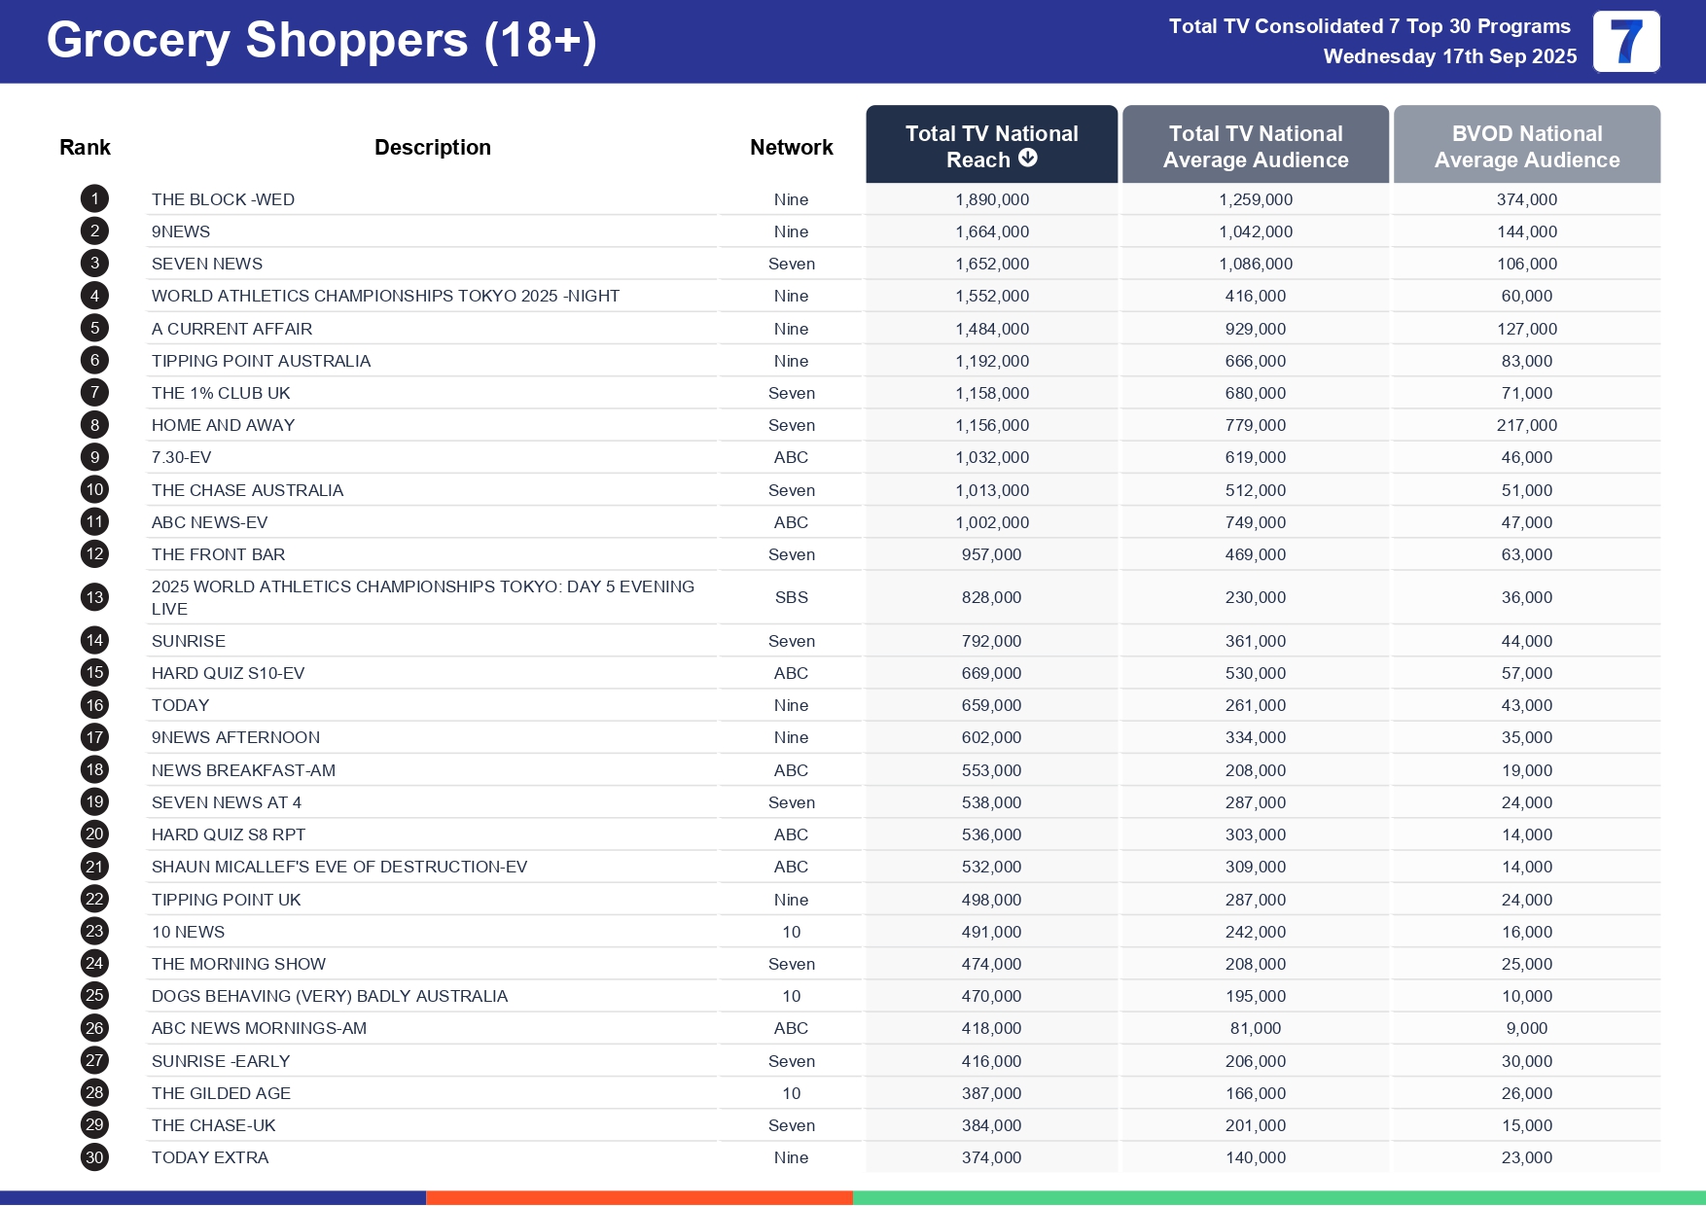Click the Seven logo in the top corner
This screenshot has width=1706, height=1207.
coord(1626,42)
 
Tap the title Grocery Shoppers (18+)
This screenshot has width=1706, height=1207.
coord(321,41)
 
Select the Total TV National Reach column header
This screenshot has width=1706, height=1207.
coord(991,145)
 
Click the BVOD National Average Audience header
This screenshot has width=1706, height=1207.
coord(1526,146)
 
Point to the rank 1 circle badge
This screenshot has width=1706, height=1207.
coord(94,199)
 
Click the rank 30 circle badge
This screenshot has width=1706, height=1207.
coord(94,1157)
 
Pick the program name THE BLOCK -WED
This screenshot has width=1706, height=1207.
coord(223,199)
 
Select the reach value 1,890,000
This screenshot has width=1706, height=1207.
coord(991,199)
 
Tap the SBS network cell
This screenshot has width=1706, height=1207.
coord(791,597)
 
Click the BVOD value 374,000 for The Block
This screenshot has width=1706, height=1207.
coord(1526,199)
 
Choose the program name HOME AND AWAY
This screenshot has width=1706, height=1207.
coord(223,425)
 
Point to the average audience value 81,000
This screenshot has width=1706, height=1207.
coord(1255,1028)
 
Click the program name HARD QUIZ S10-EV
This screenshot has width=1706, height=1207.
coord(228,673)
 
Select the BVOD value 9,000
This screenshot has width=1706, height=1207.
coord(1526,1028)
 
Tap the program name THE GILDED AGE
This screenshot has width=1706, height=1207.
coord(221,1093)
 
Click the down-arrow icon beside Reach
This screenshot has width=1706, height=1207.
coord(1028,158)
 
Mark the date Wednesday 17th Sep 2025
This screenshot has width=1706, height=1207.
coord(1449,56)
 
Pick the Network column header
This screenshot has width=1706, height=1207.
coord(791,147)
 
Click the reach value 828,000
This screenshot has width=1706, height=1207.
coord(991,597)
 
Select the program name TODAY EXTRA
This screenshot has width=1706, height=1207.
coord(210,1157)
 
